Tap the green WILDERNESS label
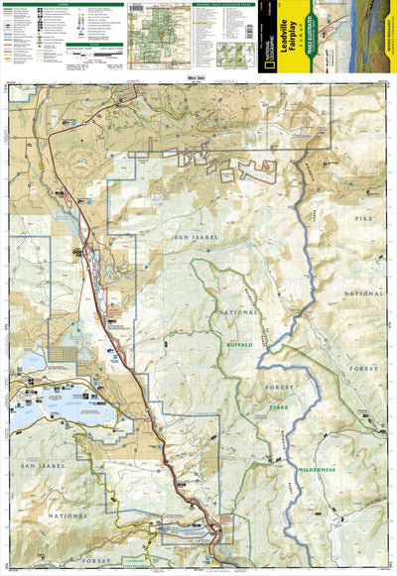point(321,468)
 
